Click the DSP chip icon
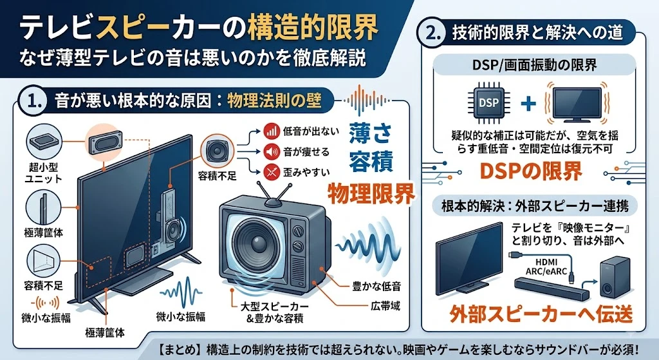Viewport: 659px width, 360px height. pos(489,102)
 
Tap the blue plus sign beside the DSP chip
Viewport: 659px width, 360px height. pos(528,103)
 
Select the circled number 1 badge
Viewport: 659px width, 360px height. pos(33,101)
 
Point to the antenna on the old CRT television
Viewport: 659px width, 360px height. pos(274,194)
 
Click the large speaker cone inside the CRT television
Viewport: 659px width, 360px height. pos(257,241)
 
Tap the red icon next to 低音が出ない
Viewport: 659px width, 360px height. pos(272,131)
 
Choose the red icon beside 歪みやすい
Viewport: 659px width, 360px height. pos(272,171)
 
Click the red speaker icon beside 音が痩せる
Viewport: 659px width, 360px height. pos(272,151)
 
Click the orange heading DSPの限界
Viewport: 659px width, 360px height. pos(531,171)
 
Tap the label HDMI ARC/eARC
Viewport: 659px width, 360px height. pos(546,267)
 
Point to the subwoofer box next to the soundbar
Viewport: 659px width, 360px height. pos(615,276)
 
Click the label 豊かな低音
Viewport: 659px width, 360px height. pos(376,287)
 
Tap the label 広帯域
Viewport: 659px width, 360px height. pos(385,306)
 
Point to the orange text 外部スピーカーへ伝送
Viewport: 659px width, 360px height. pos(541,314)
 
